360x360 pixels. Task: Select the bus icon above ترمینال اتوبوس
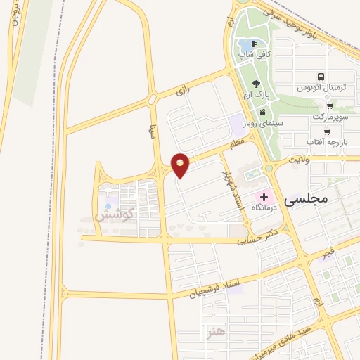point(321,77)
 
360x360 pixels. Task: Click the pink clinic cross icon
point(264,179)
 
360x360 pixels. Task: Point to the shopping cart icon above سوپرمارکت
point(330,106)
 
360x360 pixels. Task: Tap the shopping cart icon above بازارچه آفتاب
point(327,132)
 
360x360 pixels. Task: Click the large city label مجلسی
point(304,200)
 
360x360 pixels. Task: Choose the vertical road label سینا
point(150,132)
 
